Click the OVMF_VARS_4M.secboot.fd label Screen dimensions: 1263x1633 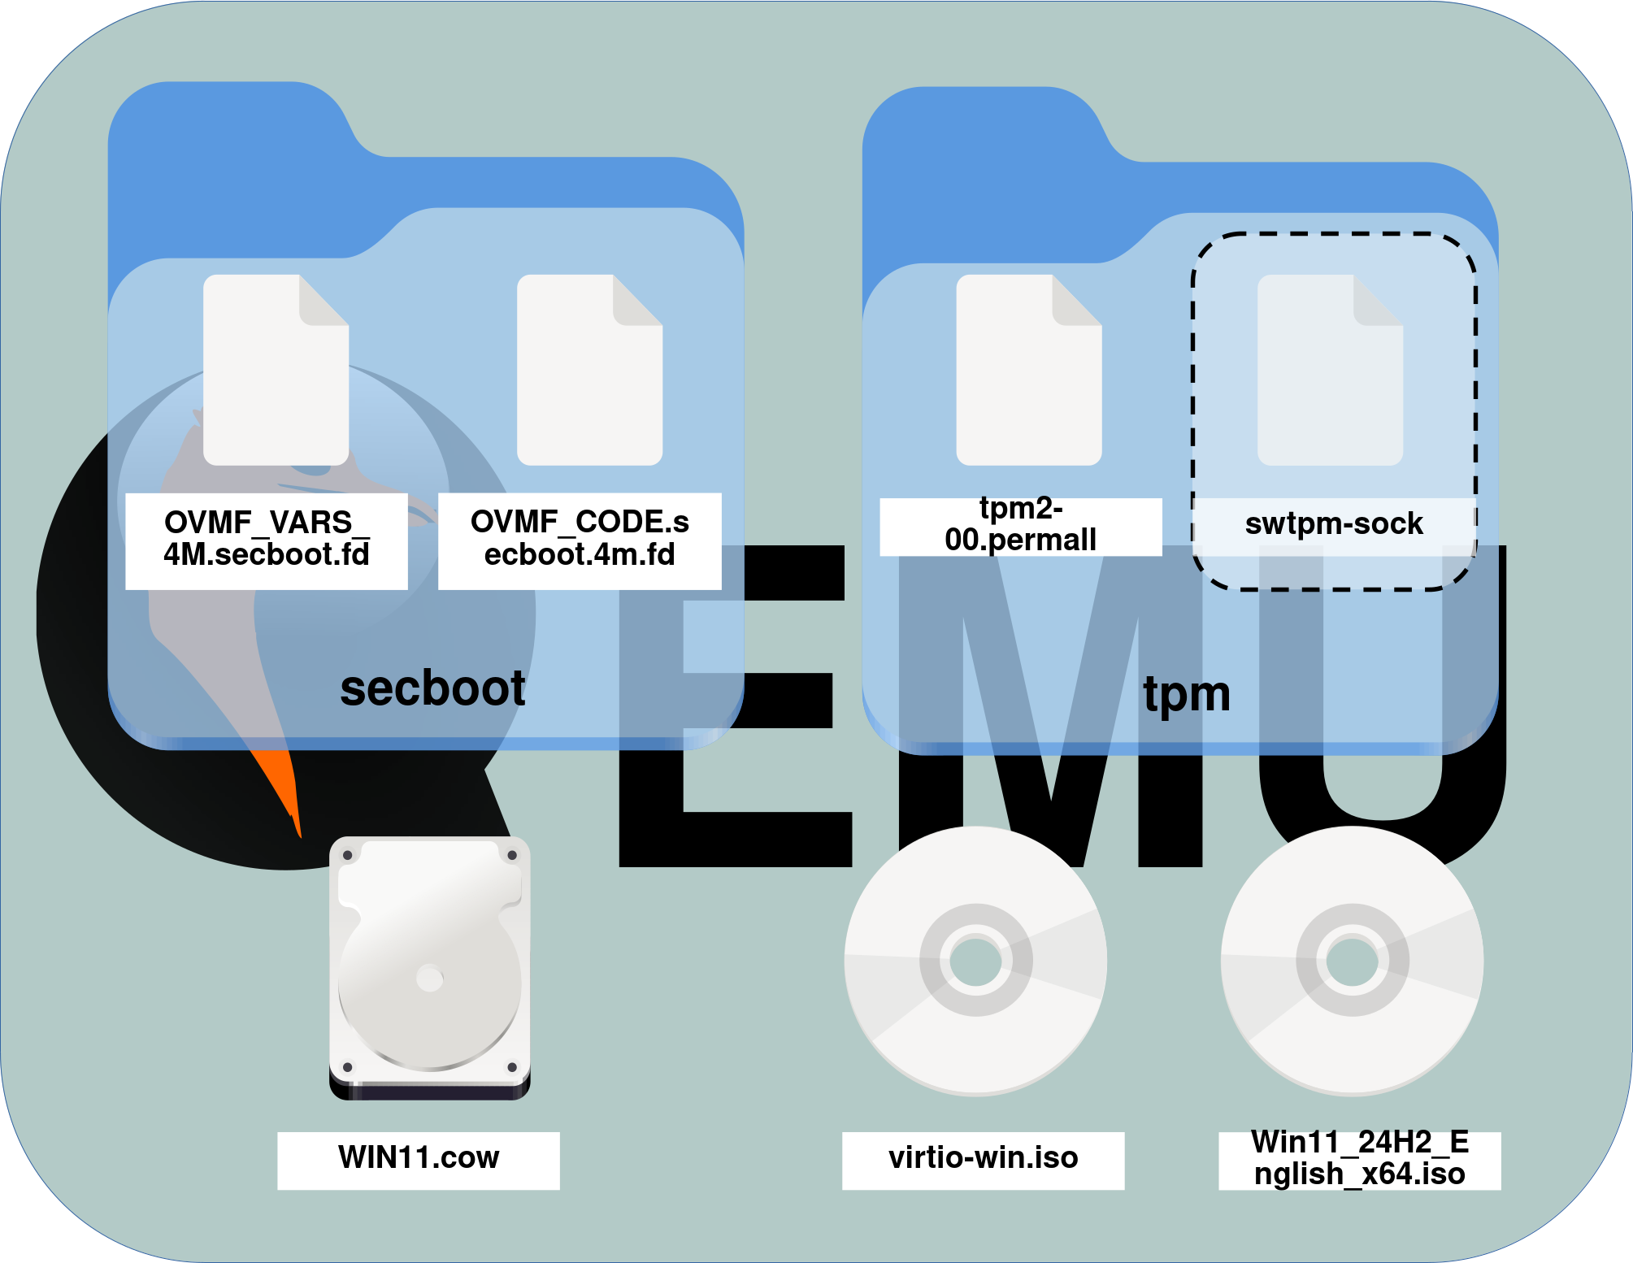pos(267,539)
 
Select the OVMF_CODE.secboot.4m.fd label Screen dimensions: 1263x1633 pos(580,539)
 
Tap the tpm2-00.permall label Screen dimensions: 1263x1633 pos(1020,526)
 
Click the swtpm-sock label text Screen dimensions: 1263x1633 pos(1333,524)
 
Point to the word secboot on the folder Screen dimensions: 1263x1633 pos(432,689)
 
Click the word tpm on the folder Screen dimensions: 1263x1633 pos(1187,695)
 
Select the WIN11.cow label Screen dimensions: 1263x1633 pos(418,1158)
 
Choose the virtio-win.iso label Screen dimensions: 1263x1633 pos(983,1158)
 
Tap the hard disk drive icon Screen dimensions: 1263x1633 pos(429,967)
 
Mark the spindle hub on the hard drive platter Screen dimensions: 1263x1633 pos(429,978)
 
